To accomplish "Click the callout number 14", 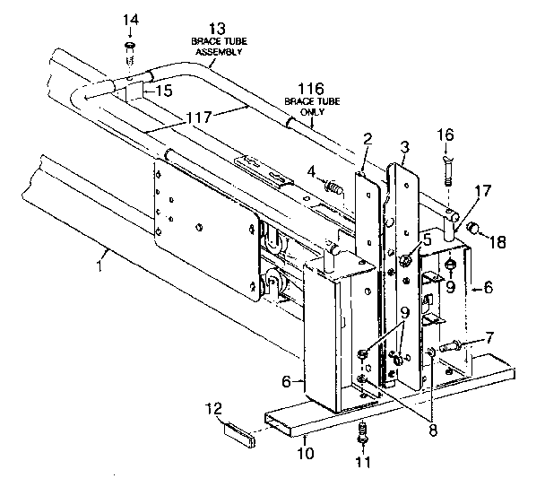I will click(131, 20).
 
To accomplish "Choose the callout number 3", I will click(405, 145).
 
